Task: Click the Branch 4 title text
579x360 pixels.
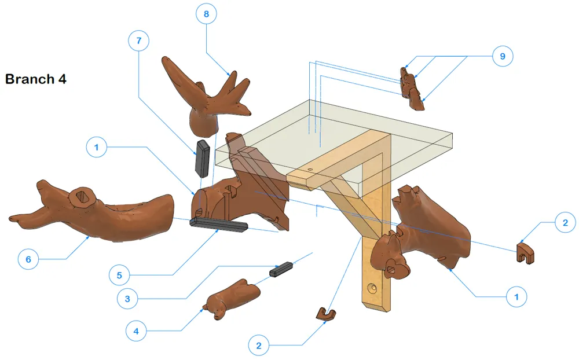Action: point(36,79)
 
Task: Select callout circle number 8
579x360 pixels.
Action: point(206,14)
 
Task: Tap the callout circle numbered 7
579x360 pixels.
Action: point(139,41)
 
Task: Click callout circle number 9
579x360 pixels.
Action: point(503,56)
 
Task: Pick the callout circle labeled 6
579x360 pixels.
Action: point(28,259)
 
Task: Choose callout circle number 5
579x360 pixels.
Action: point(119,275)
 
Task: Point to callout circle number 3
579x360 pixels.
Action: point(127,299)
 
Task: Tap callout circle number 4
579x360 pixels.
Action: point(136,331)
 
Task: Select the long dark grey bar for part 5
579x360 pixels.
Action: point(219,225)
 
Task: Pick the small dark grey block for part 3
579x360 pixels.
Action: point(281,269)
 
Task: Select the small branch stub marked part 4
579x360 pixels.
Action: point(232,297)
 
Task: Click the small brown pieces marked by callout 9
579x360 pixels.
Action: point(412,89)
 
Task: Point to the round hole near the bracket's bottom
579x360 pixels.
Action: point(373,288)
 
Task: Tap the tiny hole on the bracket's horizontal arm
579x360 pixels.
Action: point(310,170)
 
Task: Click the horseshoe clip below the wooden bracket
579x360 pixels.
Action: point(326,314)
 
